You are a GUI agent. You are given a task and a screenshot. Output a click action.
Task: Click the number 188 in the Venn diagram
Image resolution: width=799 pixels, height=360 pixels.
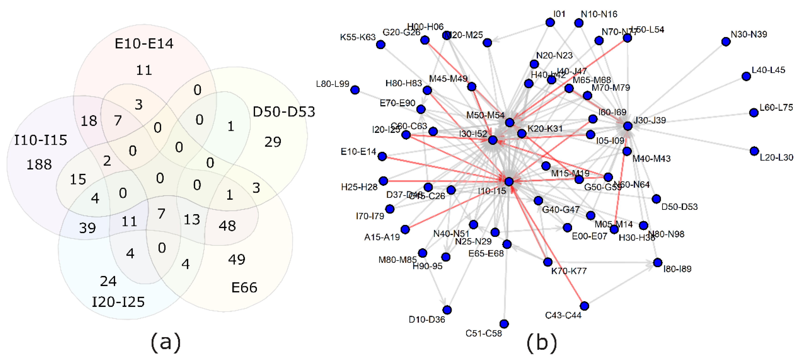pos(39,164)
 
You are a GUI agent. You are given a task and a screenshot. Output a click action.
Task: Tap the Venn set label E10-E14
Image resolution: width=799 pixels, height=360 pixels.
pos(144,43)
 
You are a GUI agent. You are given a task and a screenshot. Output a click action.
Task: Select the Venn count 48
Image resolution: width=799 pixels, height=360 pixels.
pos(227,226)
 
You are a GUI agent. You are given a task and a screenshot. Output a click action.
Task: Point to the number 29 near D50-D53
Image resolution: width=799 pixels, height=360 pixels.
pos(273,142)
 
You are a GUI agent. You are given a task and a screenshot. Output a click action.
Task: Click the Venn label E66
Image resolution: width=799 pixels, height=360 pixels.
pos(244,287)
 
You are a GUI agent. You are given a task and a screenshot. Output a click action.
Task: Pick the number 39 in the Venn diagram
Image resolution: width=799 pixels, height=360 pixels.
pos(88,228)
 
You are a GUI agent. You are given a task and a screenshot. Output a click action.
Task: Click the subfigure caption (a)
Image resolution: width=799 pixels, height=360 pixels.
pos(165,342)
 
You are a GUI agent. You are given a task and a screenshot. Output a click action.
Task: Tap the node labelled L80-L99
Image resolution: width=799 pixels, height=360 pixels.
pos(355,90)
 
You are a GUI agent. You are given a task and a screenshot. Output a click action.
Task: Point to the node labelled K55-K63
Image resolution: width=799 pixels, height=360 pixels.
pos(381,45)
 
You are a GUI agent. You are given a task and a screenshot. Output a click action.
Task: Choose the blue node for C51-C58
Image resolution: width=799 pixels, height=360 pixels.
pos(504,324)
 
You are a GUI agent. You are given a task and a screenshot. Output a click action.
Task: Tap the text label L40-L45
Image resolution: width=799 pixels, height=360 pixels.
pos(768,70)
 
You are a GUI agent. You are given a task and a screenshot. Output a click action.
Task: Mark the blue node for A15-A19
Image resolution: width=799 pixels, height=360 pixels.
pos(405,229)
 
